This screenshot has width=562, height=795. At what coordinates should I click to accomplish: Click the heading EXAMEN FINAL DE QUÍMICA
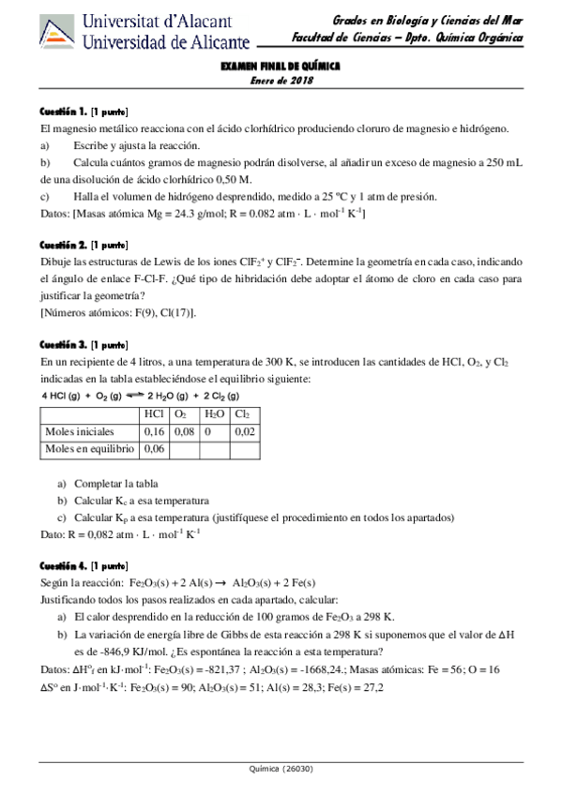point(280,67)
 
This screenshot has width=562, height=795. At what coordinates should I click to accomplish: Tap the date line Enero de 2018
point(280,81)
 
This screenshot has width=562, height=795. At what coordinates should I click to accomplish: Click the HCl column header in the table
point(155,412)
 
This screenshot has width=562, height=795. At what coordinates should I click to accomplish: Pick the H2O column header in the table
point(214,412)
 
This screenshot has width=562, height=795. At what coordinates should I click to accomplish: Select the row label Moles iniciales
point(80,431)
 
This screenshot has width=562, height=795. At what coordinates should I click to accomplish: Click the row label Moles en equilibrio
point(89,450)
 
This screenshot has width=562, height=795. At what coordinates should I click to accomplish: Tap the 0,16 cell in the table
point(154,431)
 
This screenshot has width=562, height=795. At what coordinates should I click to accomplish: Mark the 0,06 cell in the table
point(154,450)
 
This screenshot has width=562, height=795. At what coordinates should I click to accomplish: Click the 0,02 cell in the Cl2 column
point(244,431)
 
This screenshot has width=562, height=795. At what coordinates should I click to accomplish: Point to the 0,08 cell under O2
point(185,431)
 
